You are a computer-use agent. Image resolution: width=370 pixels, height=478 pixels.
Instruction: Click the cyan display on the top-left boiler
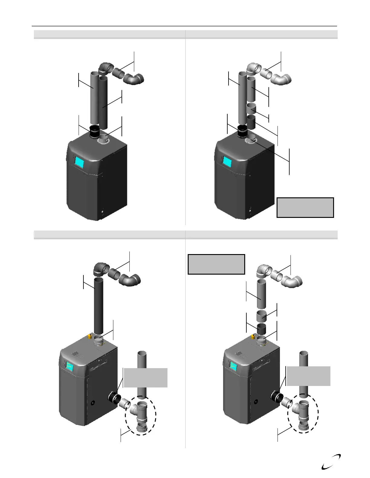[x=79, y=162]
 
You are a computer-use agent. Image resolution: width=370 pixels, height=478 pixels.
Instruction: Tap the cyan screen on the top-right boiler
[x=227, y=162]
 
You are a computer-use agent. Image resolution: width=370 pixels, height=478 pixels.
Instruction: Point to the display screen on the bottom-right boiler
[x=233, y=366]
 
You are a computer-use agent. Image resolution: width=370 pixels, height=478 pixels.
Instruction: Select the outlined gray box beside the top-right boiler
[x=305, y=207]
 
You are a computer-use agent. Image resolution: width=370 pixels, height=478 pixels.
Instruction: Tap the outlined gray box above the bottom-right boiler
[x=216, y=264]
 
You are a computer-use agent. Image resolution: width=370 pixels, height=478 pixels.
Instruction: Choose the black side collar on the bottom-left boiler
[x=114, y=398]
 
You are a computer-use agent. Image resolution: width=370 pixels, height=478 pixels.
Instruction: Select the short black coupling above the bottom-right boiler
[x=262, y=329]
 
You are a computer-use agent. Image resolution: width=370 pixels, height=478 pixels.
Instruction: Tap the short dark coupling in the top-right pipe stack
[x=251, y=122]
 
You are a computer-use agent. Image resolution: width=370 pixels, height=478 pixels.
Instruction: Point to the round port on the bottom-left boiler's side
[x=93, y=402]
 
